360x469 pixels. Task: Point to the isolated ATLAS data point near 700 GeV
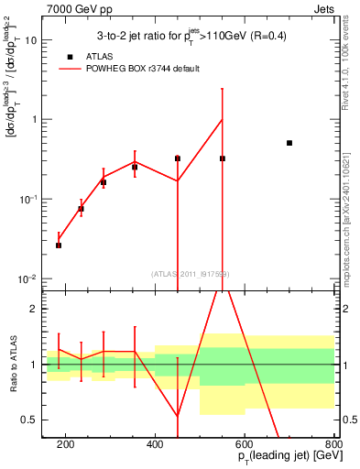click(x=289, y=143)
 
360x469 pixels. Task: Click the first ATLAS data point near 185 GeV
click(x=59, y=245)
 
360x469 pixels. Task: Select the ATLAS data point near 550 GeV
click(x=223, y=158)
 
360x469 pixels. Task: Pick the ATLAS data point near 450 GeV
click(x=178, y=158)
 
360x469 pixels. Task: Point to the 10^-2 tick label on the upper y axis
click(x=30, y=278)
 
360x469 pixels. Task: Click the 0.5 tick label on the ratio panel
click(x=30, y=420)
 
